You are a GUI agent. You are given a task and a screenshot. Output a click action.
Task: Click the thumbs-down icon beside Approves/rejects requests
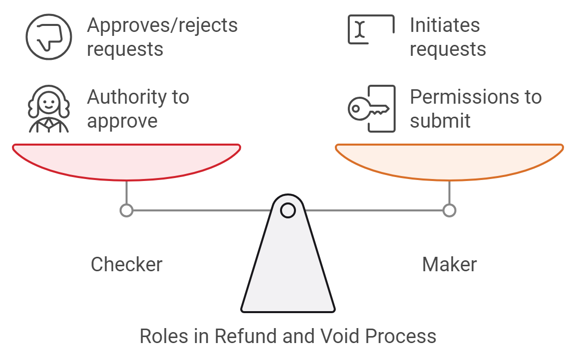click(49, 37)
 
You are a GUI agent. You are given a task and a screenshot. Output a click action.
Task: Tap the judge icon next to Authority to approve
click(49, 109)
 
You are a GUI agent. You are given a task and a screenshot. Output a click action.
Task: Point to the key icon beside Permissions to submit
click(372, 109)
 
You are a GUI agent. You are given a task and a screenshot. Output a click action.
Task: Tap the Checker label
click(127, 264)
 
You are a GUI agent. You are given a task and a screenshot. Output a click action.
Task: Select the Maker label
click(449, 264)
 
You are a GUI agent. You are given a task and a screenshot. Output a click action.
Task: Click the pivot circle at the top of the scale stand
click(288, 210)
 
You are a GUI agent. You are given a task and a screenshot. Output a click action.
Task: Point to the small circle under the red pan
click(127, 210)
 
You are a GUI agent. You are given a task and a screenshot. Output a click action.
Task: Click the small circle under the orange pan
click(449, 210)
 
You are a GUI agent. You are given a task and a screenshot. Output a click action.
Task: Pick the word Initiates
click(444, 25)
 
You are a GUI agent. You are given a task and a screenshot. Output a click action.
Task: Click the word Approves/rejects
click(162, 25)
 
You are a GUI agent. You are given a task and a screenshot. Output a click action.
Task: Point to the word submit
click(440, 121)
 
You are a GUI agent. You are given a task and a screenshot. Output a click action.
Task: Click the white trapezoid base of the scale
click(288, 269)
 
